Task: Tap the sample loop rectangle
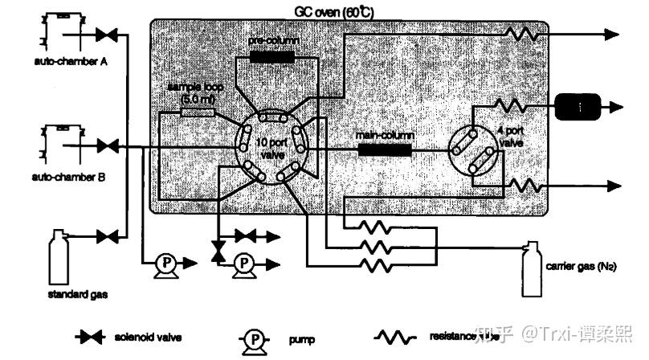[x=198, y=111]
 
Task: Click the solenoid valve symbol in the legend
[x=90, y=338]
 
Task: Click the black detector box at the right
[x=576, y=104]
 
